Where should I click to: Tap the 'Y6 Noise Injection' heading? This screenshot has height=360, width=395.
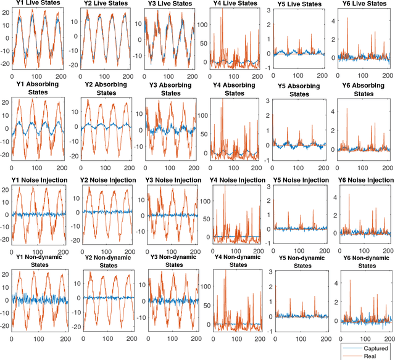coord(364,179)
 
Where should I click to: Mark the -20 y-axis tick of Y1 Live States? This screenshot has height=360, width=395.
coord(6,63)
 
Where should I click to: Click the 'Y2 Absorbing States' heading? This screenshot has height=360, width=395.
coord(102,89)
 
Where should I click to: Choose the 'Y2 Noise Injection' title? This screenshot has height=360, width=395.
coord(102,179)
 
